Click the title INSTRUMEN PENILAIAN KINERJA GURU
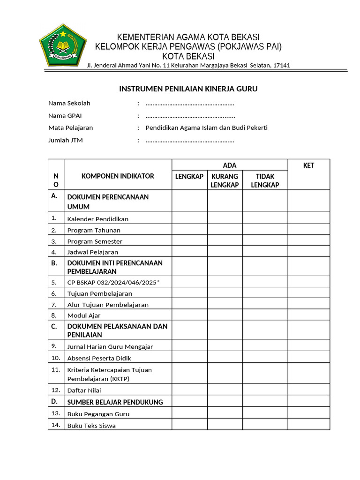[x=188, y=89]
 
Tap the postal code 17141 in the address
[x=281, y=65]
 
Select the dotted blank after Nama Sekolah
[x=190, y=104]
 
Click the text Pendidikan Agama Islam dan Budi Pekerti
[x=207, y=127]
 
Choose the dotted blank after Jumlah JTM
[x=190, y=140]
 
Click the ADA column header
[x=230, y=165]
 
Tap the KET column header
[x=308, y=165]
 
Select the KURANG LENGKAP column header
[x=225, y=180]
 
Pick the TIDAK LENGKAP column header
[x=265, y=180]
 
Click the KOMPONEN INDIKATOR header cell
[x=118, y=176]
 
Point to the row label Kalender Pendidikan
[x=98, y=219]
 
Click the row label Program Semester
[x=95, y=241]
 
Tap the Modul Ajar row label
[x=84, y=315]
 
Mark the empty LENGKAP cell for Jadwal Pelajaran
[x=189, y=252]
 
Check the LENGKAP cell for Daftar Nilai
[x=189, y=390]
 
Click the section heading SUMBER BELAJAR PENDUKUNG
[x=115, y=402]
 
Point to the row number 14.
[x=56, y=425]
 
